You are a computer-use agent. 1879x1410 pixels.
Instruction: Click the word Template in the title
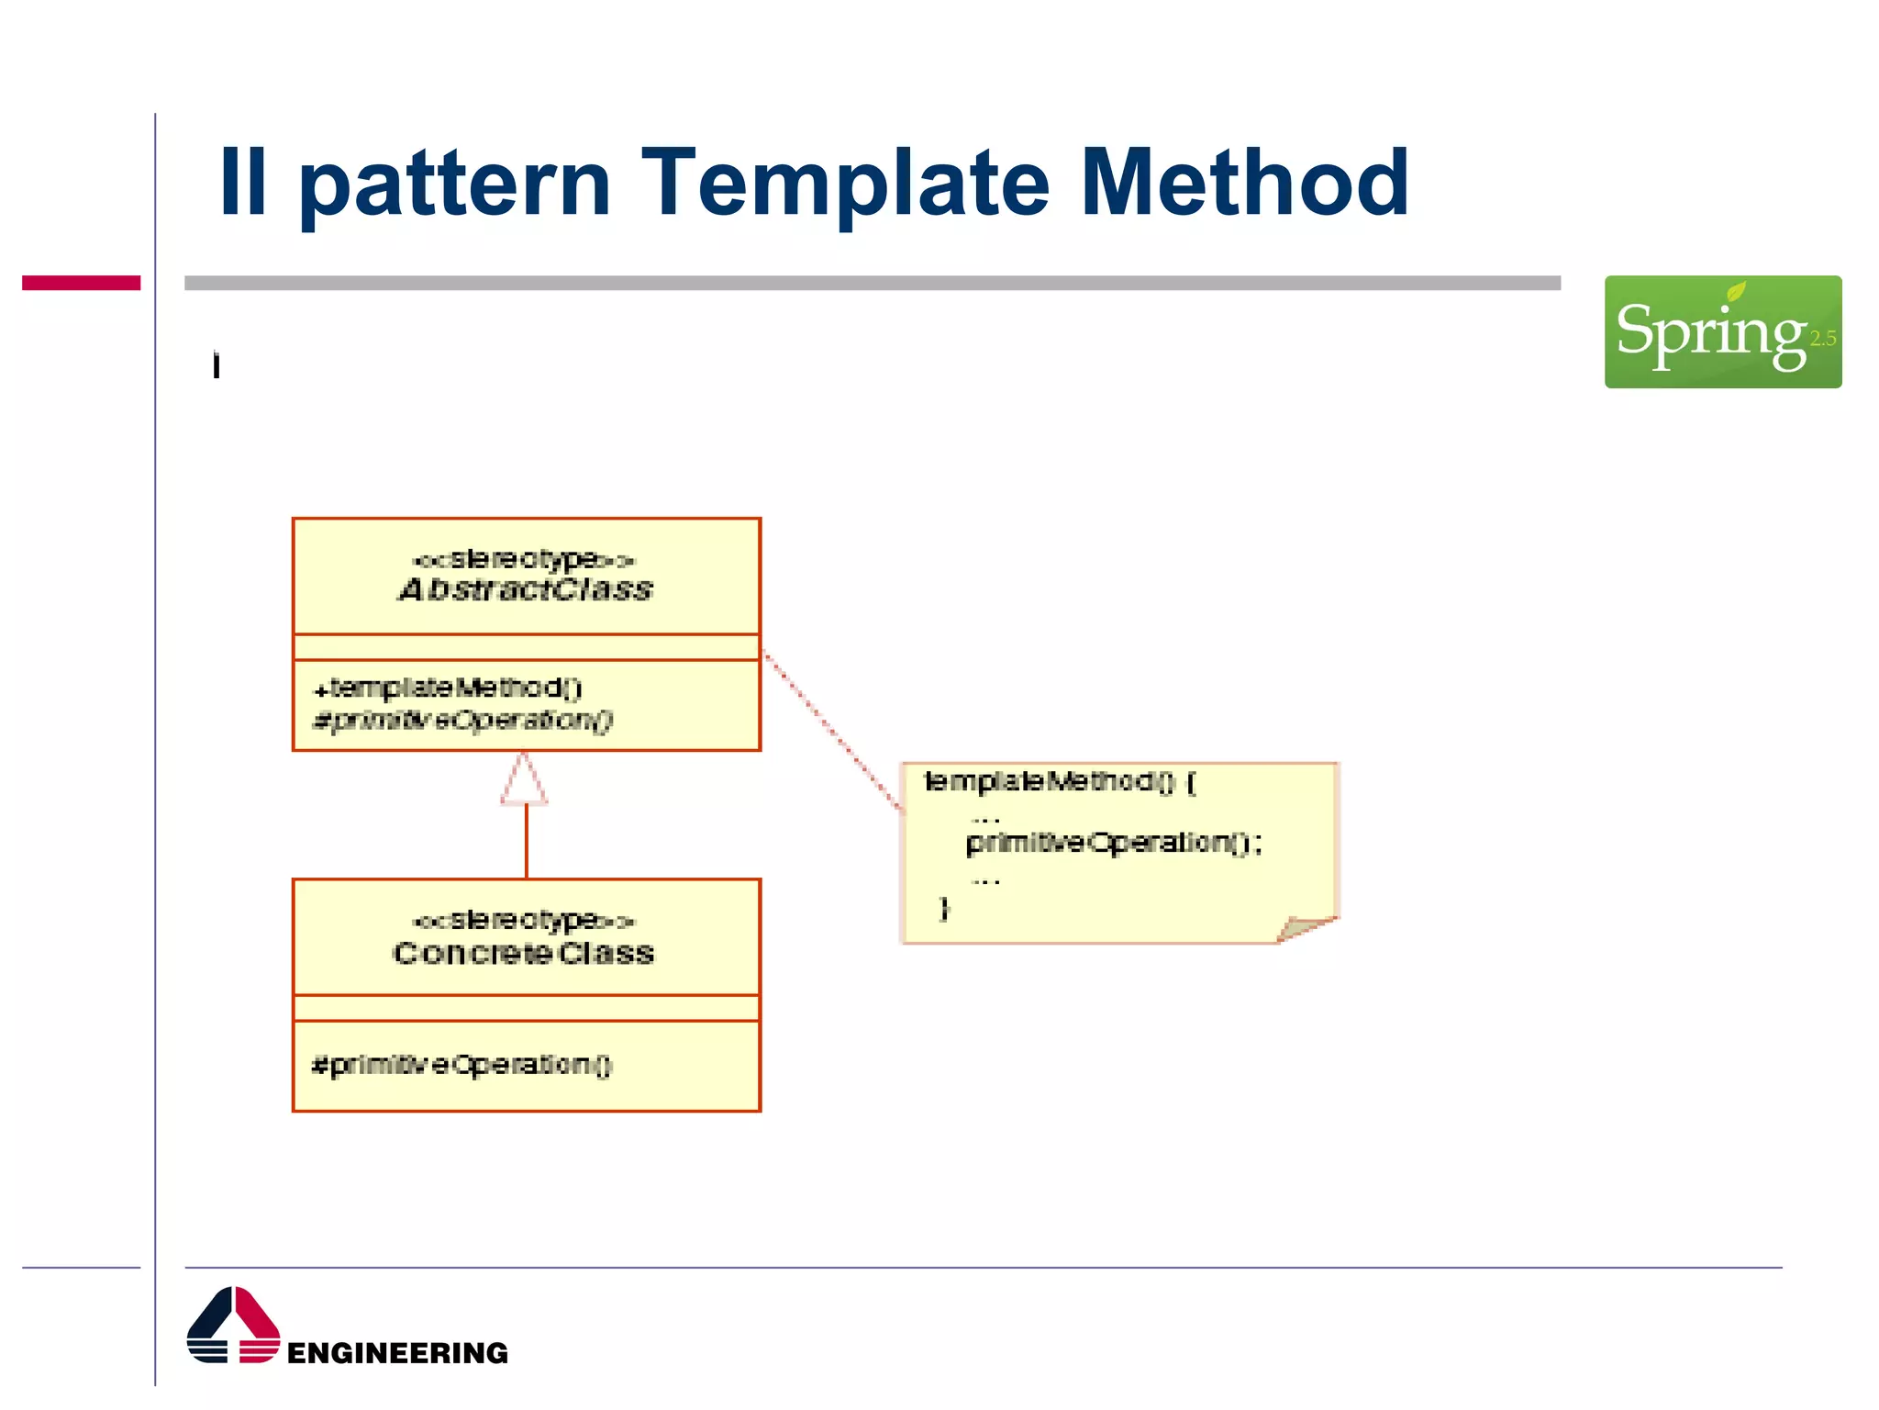tap(844, 184)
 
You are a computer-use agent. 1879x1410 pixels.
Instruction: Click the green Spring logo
tap(1722, 331)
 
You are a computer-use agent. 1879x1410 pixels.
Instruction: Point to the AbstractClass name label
tap(526, 589)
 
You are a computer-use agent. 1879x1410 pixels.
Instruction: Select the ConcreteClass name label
tap(524, 953)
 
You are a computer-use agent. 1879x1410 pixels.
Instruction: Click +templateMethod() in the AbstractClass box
tap(448, 688)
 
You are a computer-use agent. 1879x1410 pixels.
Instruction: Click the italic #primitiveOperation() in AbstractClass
tap(462, 721)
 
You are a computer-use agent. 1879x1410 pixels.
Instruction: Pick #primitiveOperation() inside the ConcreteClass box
tap(461, 1065)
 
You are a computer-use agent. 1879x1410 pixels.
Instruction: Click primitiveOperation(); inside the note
tap(1114, 843)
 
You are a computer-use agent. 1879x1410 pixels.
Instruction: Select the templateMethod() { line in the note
tap(1060, 782)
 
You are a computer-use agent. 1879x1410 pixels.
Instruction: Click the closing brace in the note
tap(944, 908)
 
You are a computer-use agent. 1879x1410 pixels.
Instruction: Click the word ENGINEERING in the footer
tap(397, 1353)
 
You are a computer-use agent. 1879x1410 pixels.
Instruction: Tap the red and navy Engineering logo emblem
tap(233, 1326)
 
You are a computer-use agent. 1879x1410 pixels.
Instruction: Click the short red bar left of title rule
tap(81, 283)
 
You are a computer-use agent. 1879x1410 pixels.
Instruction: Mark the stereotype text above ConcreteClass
tap(524, 920)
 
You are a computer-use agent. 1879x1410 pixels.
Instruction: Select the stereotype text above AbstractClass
tap(524, 559)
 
